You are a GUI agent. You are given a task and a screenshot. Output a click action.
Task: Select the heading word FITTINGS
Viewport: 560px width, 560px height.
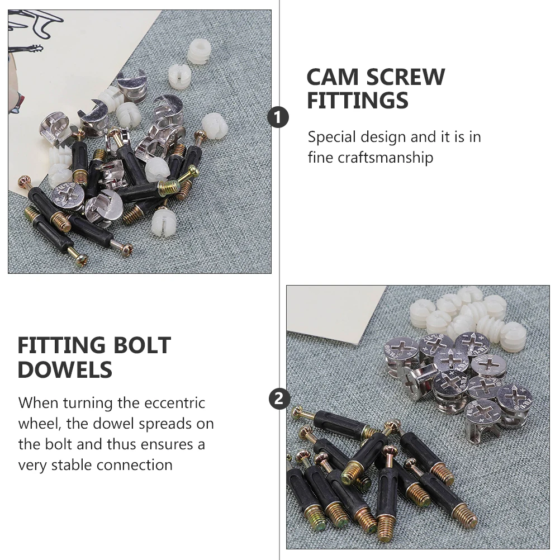(358, 101)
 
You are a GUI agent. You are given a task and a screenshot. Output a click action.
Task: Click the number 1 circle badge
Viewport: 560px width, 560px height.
(278, 117)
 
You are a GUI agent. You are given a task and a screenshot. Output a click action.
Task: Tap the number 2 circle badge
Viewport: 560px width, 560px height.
(279, 399)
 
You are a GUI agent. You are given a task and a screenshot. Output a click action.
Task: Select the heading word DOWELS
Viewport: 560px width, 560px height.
(65, 370)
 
